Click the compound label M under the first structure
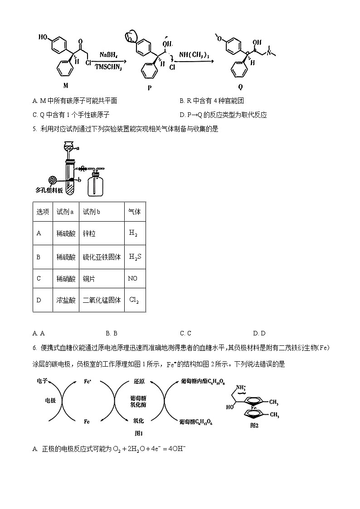click(x=66, y=85)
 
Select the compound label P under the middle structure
click(x=150, y=88)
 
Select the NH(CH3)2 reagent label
click(x=194, y=55)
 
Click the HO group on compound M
click(x=44, y=36)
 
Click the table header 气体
click(x=135, y=212)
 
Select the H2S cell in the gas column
click(x=135, y=257)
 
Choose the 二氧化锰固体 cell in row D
click(x=102, y=300)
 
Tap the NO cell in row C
click(x=132, y=278)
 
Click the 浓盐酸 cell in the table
click(x=66, y=300)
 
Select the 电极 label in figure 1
click(x=50, y=401)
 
